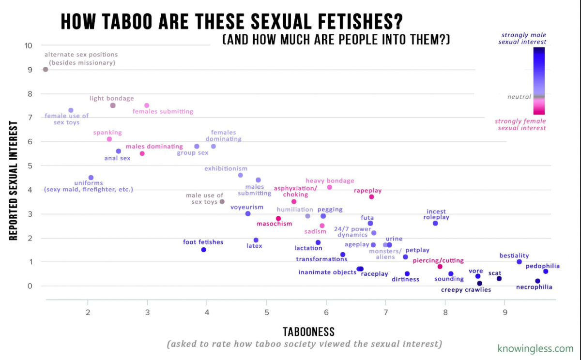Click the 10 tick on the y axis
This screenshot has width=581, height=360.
click(x=29, y=45)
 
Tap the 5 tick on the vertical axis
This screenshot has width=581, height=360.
click(x=29, y=165)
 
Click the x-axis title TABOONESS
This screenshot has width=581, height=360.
click(x=308, y=332)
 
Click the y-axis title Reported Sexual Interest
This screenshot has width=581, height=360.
click(x=14, y=180)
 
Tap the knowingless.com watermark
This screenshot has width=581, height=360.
click(x=535, y=348)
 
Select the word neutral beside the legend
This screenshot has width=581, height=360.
click(x=519, y=97)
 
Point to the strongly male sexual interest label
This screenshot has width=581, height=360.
click(x=523, y=38)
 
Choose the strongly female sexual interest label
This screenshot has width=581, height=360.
click(x=520, y=124)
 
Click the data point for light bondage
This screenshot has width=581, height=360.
click(x=113, y=105)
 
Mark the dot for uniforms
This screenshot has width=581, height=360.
click(x=91, y=178)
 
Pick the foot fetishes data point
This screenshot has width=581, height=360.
click(x=204, y=250)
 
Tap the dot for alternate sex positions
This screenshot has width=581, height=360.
click(x=46, y=69)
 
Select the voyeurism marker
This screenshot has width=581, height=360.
click(x=248, y=213)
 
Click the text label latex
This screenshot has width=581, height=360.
click(x=254, y=246)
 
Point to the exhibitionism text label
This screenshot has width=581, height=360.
click(x=226, y=168)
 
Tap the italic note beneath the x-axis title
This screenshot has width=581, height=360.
click(x=304, y=344)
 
